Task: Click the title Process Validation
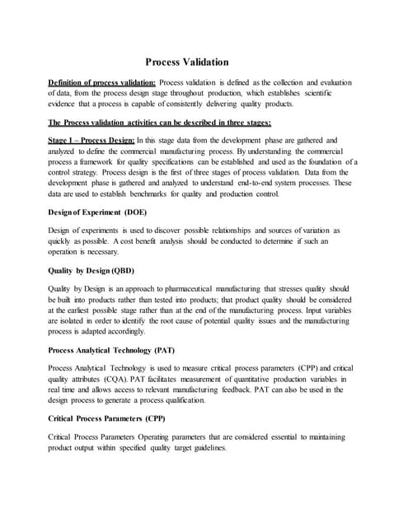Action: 187,62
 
